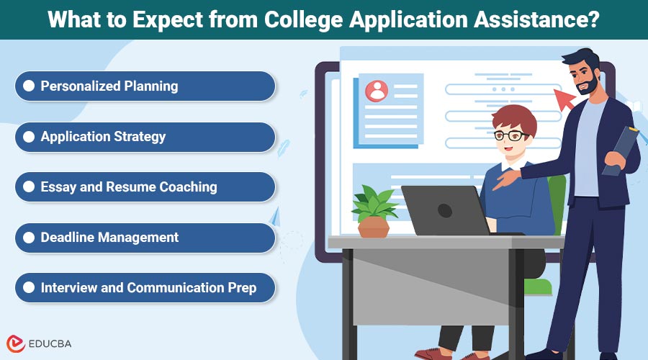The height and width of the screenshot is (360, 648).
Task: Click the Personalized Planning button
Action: [144, 86]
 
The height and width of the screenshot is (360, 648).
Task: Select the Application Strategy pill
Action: [144, 137]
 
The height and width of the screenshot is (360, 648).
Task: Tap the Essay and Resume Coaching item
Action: [144, 187]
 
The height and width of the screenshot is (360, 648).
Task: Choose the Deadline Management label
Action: [144, 238]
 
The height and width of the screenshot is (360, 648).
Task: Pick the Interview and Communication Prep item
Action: [144, 288]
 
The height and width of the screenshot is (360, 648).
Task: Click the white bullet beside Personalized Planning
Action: [29, 86]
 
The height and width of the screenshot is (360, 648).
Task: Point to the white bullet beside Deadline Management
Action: [29, 238]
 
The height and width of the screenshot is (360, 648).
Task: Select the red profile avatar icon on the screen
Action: [376, 91]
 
